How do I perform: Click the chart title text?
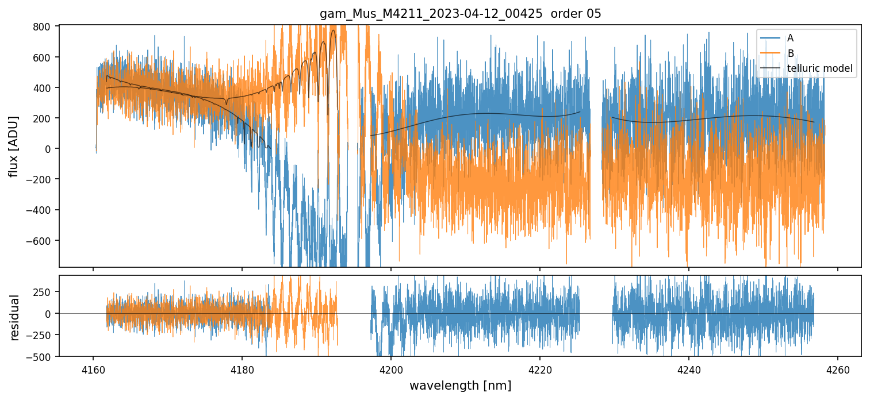460,14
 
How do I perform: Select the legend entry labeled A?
790,38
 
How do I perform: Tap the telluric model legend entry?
819,69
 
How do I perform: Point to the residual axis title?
14,317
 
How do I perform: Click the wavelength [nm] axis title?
460,386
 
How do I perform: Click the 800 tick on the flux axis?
44,27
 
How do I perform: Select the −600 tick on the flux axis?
39,240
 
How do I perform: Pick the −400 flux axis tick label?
39,210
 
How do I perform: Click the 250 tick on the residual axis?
44,291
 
